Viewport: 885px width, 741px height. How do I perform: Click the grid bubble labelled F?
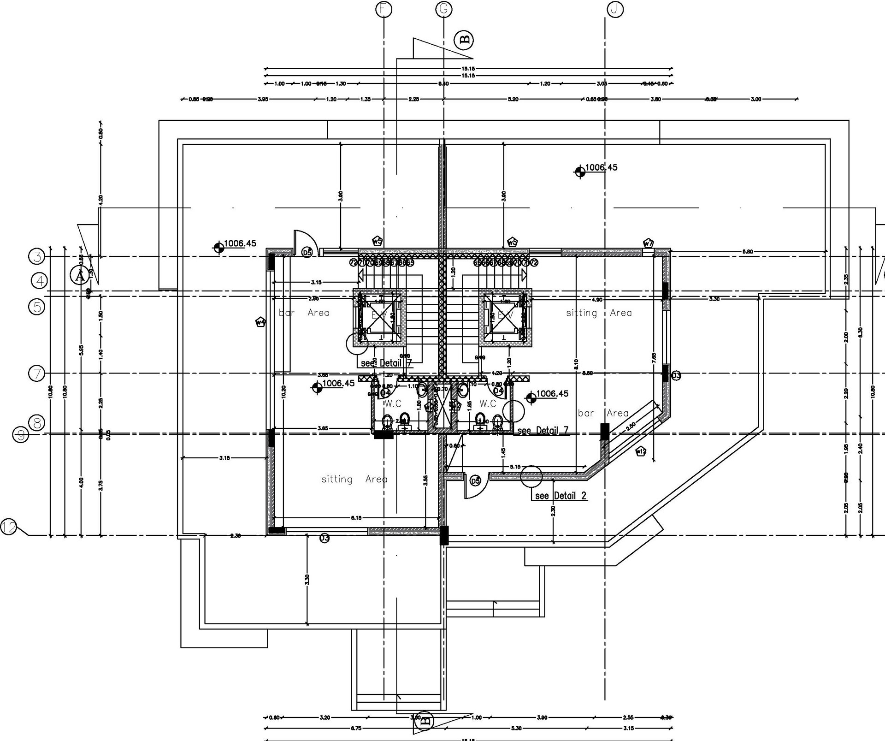coord(383,9)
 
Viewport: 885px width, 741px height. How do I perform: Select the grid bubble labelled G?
coord(443,9)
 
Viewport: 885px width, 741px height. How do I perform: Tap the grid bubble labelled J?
coord(615,9)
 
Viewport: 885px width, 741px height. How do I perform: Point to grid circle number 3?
coord(36,256)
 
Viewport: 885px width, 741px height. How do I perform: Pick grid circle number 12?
coord(8,527)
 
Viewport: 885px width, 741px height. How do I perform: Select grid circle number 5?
coord(36,307)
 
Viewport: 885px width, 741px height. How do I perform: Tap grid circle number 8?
coord(36,422)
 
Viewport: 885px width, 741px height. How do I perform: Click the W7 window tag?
coord(648,243)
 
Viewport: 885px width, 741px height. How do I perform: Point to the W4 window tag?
coord(261,322)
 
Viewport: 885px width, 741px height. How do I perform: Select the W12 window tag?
coord(641,451)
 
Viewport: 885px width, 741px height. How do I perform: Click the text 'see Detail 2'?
coord(560,496)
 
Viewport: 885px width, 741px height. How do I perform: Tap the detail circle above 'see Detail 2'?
coord(531,477)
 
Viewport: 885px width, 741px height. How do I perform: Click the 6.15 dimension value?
coord(356,518)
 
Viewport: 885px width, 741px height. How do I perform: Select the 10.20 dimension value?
coord(283,391)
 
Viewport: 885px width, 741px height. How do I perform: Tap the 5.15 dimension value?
coord(515,467)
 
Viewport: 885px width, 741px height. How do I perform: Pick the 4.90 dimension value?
coord(597,300)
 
